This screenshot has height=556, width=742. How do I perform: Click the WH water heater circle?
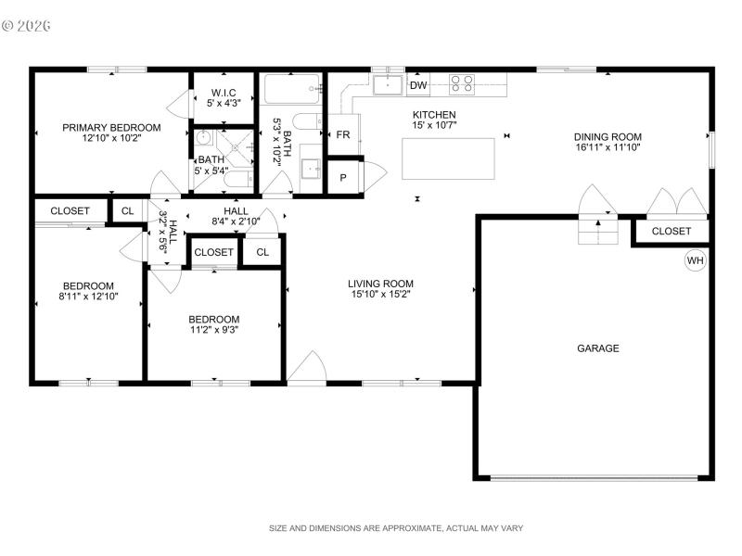(696, 260)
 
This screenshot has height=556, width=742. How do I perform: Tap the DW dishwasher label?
(418, 86)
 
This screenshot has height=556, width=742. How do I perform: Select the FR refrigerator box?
(342, 134)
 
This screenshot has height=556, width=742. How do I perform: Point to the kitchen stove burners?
(462, 84)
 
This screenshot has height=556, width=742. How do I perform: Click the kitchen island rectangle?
(448, 158)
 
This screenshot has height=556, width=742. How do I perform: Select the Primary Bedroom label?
(111, 128)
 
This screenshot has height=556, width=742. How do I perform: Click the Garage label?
(598, 348)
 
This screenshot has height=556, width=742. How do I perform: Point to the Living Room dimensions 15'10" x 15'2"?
(380, 296)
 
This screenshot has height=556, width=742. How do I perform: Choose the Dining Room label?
(608, 137)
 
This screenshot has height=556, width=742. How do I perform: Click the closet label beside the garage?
(671, 232)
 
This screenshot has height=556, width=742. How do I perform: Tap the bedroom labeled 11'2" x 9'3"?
(215, 324)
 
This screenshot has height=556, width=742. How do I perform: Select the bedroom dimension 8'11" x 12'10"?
(88, 297)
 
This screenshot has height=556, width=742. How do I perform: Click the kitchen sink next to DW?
(389, 86)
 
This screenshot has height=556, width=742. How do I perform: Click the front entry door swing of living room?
(306, 368)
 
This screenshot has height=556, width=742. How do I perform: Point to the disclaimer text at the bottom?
(396, 528)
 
